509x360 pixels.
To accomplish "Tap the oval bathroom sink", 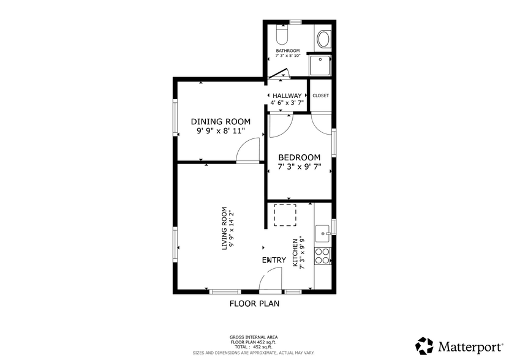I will click(323, 39).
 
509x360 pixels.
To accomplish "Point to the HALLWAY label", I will click(287, 96).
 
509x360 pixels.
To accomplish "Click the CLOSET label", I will click(320, 96).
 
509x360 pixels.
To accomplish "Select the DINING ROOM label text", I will click(221, 121).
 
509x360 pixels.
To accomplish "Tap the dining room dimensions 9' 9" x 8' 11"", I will click(221, 131).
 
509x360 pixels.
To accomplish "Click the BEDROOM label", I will click(300, 157).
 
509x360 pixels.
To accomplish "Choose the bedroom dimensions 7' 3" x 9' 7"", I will click(300, 167).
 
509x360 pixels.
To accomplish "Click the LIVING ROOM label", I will click(224, 227).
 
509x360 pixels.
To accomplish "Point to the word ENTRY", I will click(274, 260).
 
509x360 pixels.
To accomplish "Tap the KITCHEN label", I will click(295, 253).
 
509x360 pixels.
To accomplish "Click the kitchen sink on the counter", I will click(322, 233).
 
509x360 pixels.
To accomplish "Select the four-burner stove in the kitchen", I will click(322, 255).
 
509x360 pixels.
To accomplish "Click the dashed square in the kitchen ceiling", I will click(284, 215).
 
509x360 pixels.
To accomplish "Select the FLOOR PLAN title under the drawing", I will click(254, 303).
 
